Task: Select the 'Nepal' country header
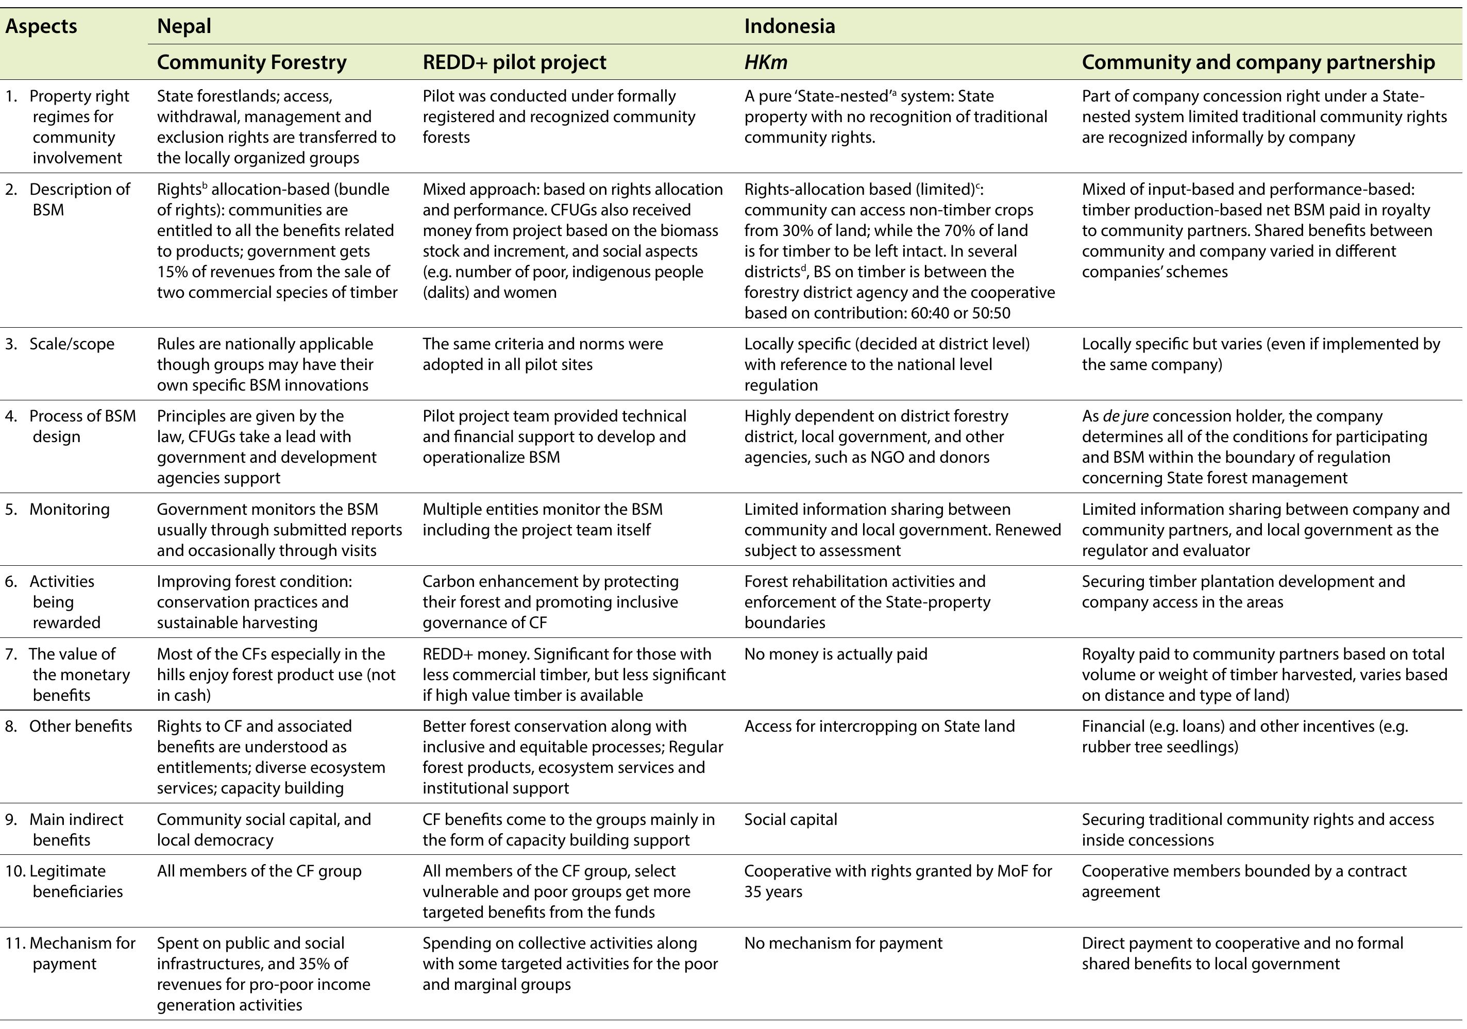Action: (184, 26)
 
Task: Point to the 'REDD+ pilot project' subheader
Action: (514, 62)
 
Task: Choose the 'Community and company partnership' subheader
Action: (1258, 62)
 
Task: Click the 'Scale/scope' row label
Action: (72, 344)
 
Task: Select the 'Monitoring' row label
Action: (69, 509)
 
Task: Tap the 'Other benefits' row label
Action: (80, 726)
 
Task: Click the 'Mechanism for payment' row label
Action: (82, 943)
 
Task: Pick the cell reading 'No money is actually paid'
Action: (835, 653)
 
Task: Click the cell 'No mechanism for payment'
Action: (843, 943)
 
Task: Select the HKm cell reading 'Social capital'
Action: (790, 819)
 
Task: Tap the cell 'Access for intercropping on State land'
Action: (879, 726)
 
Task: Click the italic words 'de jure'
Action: (1125, 416)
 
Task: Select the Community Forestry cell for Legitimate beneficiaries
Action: (259, 871)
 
